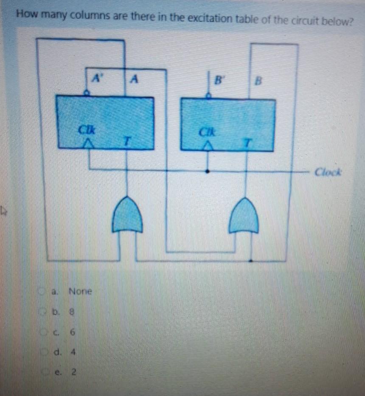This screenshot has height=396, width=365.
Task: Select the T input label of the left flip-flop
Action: [126, 141]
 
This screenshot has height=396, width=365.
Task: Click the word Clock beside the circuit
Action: [328, 172]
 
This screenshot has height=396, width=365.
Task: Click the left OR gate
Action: [127, 215]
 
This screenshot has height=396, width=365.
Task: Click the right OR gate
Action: [244, 216]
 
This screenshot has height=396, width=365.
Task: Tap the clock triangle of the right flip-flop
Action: [208, 145]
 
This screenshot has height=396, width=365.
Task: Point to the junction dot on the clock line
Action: [208, 171]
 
